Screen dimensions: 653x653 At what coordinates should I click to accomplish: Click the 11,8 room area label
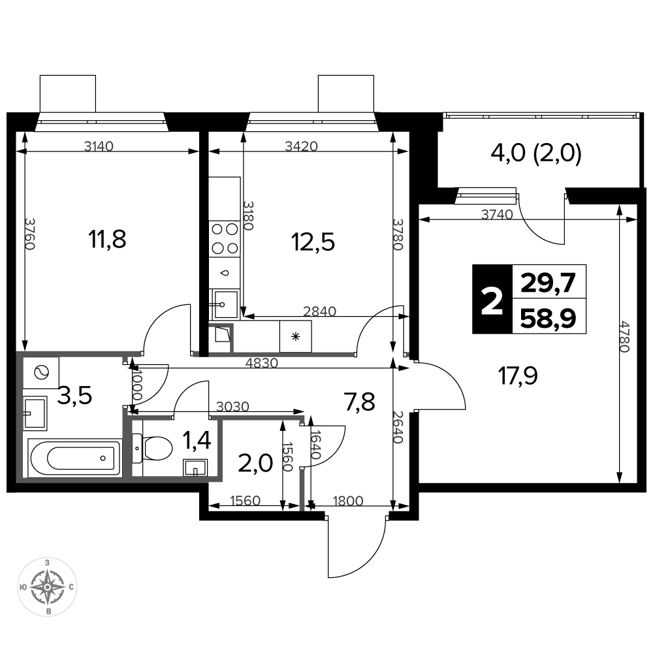click(x=107, y=240)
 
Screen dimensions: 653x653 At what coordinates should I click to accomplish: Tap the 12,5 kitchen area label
click(x=313, y=242)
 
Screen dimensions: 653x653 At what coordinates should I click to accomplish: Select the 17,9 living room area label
click(x=518, y=375)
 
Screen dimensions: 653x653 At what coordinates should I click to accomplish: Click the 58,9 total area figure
click(x=549, y=318)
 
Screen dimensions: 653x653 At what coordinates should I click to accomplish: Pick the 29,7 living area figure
click(x=549, y=283)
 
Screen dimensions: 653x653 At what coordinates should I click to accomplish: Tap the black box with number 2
click(x=492, y=299)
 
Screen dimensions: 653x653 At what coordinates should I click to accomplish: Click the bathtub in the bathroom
click(x=75, y=458)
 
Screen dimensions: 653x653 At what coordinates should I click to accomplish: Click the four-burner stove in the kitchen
click(x=225, y=238)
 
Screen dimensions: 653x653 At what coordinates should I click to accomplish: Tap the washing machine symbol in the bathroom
click(x=41, y=372)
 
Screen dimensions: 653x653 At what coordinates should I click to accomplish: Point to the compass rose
click(x=48, y=587)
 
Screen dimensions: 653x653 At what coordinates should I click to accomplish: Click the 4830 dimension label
click(x=262, y=362)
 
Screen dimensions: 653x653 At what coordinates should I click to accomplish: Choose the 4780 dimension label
click(x=623, y=336)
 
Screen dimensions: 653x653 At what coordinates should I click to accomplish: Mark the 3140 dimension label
click(x=99, y=146)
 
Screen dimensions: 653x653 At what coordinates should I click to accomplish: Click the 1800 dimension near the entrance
click(x=348, y=501)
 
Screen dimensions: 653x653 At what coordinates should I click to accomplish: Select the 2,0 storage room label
click(x=255, y=463)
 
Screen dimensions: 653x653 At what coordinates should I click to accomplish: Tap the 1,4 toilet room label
click(x=197, y=441)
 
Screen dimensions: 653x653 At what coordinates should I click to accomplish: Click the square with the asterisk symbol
click(x=296, y=336)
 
